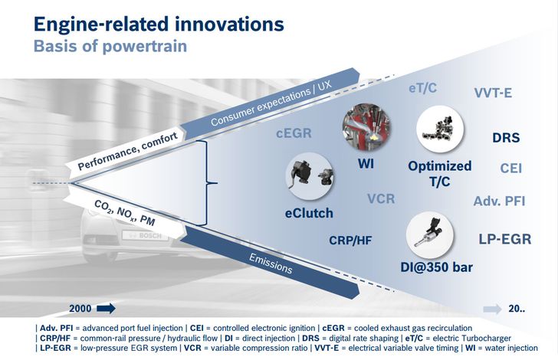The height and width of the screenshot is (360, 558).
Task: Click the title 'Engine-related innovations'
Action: click(159, 25)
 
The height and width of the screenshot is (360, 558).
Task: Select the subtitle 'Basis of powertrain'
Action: click(110, 46)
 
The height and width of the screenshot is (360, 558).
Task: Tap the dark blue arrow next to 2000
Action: click(107, 308)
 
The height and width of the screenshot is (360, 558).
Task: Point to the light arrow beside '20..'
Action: click(493, 309)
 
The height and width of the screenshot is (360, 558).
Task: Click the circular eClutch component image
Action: click(310, 175)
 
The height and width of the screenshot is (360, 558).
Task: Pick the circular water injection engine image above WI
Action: click(366, 127)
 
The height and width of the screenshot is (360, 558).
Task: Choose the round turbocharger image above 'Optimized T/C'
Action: click(440, 129)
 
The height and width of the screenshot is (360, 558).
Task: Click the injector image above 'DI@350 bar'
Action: click(430, 235)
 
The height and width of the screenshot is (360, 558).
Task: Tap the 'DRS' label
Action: click(506, 138)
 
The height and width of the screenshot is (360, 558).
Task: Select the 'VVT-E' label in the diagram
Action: click(494, 93)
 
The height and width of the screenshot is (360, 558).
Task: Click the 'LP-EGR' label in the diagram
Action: click(505, 239)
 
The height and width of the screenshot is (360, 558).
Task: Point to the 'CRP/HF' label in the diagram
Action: click(350, 240)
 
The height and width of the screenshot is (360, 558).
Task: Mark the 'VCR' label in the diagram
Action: click(381, 198)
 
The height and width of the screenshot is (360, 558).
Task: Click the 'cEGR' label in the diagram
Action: click(294, 133)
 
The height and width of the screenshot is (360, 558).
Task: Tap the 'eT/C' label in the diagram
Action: click(422, 88)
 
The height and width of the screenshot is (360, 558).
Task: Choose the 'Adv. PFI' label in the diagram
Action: click(499, 201)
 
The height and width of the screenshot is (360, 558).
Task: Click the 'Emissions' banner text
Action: click(271, 263)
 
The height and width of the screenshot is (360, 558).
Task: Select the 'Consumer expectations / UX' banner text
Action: click(271, 103)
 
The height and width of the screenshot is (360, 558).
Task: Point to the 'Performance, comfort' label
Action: click(127, 151)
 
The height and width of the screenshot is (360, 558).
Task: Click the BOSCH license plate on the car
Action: click(145, 235)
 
